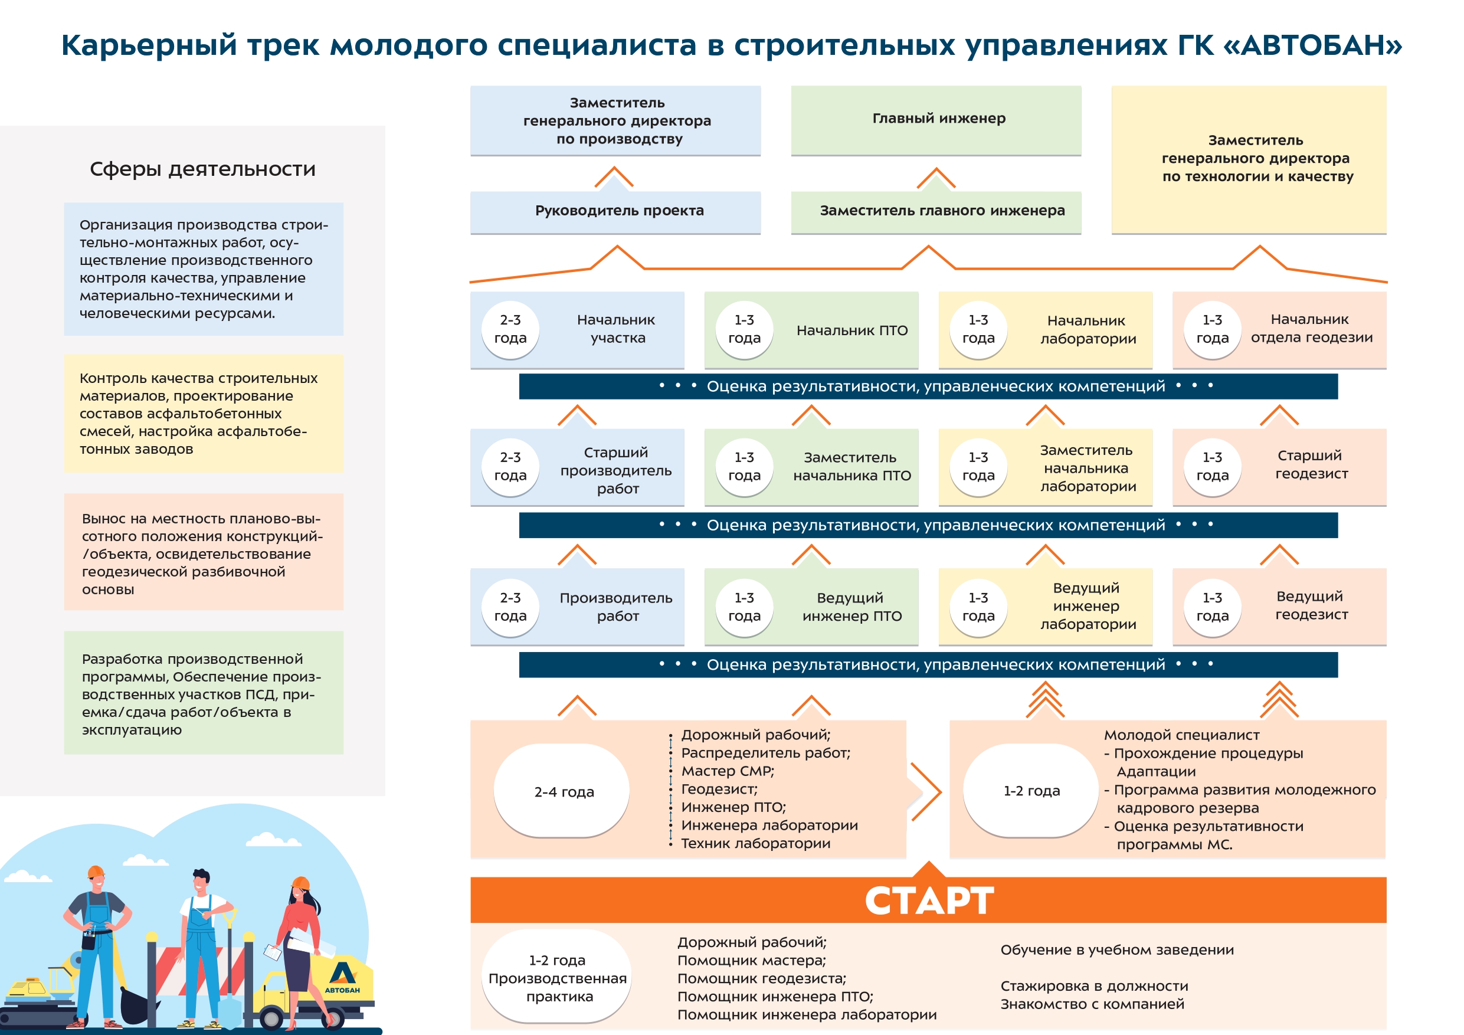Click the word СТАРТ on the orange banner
tap(928, 900)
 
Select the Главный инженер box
tap(935, 119)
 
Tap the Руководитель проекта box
tap(615, 211)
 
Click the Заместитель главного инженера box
tap(935, 211)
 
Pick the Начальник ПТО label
tap(852, 330)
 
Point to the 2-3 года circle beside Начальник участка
tap(510, 329)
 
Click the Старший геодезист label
tap(1311, 464)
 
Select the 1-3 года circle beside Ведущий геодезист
tap(1212, 607)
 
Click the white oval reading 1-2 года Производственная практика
tap(556, 978)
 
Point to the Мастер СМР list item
tap(728, 771)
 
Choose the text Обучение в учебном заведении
tap(1116, 949)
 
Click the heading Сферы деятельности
tap(203, 169)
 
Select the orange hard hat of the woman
tap(300, 884)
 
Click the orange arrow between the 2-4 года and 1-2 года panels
tap(926, 791)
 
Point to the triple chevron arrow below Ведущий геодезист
tap(1279, 700)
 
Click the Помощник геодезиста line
tap(761, 978)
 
